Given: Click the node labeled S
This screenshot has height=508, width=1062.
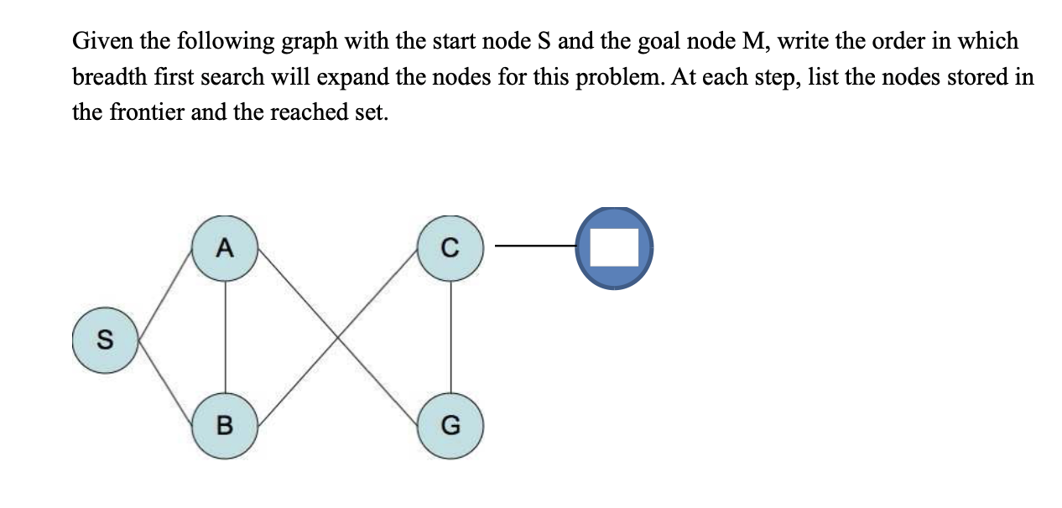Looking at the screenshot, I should click(x=104, y=340).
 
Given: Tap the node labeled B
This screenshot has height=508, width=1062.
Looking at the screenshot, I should click(x=224, y=426).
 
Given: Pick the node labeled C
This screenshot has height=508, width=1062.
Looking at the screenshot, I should click(x=450, y=247).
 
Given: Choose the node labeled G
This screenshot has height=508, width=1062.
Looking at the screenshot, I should click(x=450, y=426).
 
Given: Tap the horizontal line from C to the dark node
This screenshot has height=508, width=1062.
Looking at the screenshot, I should click(x=535, y=246).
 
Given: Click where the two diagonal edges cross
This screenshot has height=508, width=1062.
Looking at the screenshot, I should click(x=337, y=336).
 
